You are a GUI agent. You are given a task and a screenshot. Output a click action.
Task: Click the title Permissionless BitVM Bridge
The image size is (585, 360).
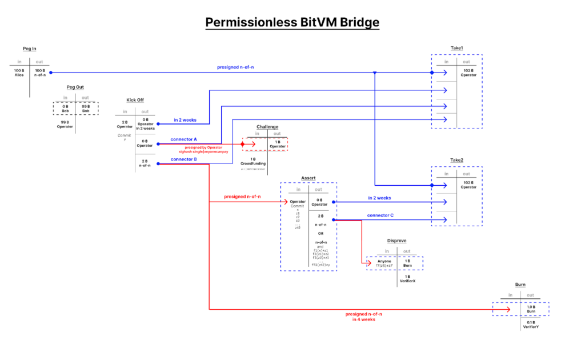(x=292, y=22)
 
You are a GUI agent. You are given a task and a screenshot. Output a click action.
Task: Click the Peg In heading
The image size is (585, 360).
(x=29, y=49)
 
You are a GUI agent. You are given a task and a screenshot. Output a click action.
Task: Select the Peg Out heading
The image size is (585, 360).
(x=76, y=87)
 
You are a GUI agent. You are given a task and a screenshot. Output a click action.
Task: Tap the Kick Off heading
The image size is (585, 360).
(x=135, y=100)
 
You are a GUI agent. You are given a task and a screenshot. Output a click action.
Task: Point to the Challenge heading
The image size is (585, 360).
(x=267, y=126)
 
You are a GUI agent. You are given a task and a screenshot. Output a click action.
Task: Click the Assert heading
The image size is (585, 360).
(x=308, y=178)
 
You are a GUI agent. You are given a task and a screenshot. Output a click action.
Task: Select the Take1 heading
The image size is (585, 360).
(x=456, y=49)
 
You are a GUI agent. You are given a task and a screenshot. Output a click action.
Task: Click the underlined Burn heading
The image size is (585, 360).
(x=520, y=284)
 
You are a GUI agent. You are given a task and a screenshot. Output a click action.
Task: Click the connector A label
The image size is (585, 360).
(x=184, y=139)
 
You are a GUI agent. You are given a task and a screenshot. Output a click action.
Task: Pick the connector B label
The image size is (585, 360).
(x=184, y=159)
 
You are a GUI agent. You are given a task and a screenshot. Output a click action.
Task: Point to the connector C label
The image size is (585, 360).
(x=380, y=215)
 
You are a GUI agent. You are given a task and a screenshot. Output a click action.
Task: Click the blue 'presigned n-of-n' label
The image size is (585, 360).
(x=235, y=67)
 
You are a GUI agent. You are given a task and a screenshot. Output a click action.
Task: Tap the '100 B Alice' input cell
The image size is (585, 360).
(x=19, y=73)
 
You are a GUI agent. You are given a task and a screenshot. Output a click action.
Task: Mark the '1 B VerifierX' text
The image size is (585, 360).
(x=407, y=279)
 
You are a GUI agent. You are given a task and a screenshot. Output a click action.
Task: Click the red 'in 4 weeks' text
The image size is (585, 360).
(x=363, y=319)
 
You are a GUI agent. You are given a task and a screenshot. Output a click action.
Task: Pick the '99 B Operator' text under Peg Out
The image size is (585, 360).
(x=65, y=124)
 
